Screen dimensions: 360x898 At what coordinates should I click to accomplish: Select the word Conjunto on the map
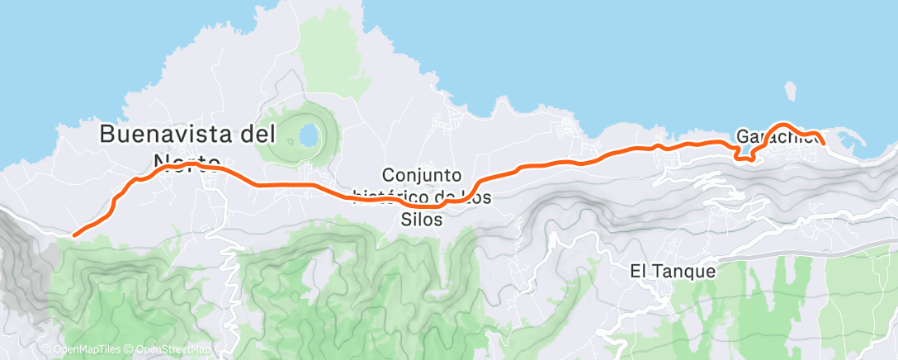421,175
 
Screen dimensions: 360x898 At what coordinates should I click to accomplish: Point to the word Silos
422,220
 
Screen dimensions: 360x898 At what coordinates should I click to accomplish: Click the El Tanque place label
672,270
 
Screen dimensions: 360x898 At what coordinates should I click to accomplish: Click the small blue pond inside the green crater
308,133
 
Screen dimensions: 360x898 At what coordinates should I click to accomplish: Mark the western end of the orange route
75,234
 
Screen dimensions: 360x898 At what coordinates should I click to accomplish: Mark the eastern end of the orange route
823,144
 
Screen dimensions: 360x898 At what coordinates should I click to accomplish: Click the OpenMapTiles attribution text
87,349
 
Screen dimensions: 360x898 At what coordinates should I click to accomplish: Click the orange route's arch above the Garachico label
782,126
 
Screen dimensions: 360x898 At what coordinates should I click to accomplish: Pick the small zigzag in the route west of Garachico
740,155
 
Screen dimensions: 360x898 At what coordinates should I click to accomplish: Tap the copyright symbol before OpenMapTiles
46,349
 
